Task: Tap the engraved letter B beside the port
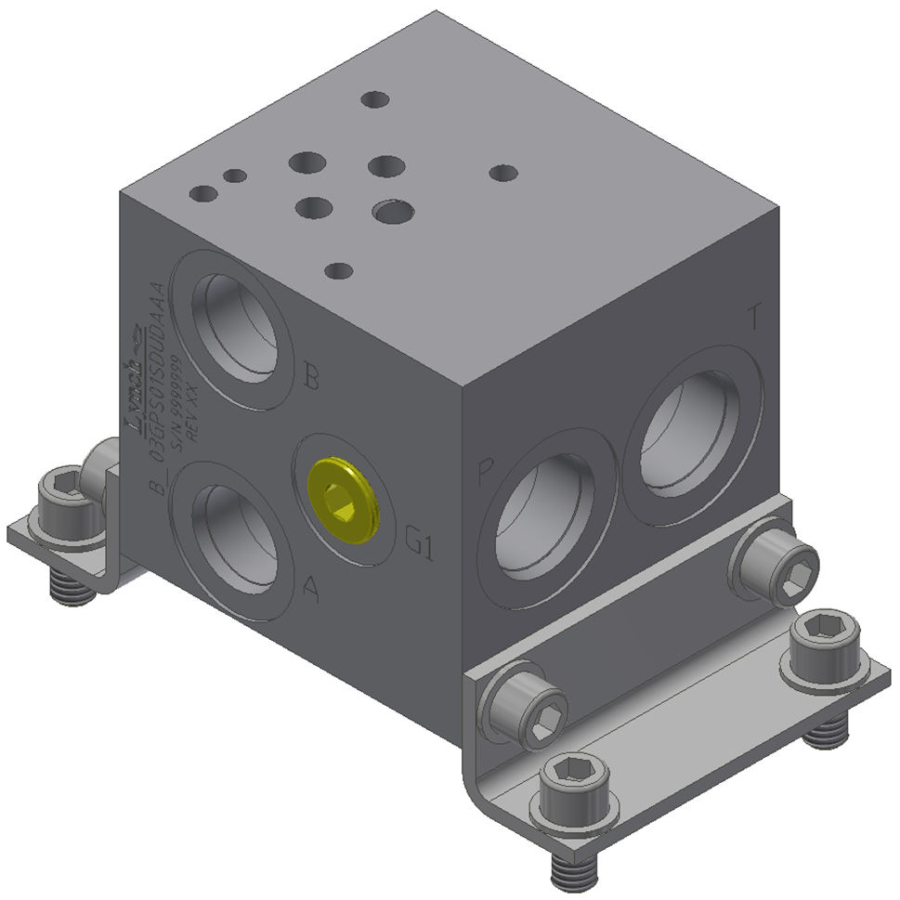point(312,378)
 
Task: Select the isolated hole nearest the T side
point(502,173)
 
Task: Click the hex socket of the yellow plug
point(343,507)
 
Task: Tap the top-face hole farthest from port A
point(502,173)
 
